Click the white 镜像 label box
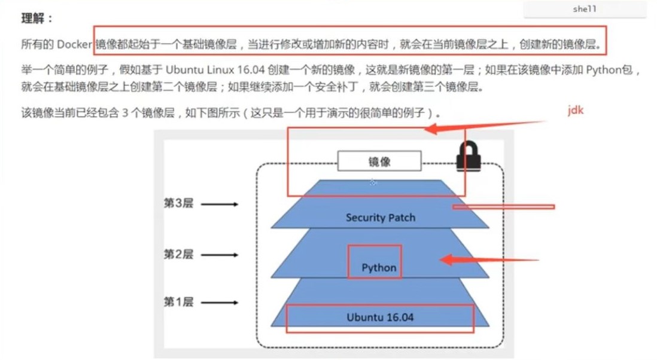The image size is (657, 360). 379,161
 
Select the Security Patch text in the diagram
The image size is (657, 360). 381,217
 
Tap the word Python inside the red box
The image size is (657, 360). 379,267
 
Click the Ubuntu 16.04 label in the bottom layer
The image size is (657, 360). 380,317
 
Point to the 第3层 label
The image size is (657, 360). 178,204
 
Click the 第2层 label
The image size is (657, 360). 178,254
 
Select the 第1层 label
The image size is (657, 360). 178,302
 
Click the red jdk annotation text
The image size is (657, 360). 575,111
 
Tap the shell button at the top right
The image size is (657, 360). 584,9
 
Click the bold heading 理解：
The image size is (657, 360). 37,19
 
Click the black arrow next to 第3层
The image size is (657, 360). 220,205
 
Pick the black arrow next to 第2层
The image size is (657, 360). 220,255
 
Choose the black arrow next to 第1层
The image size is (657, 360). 220,303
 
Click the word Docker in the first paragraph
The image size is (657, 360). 74,44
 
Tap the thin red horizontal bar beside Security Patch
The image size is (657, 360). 503,207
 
